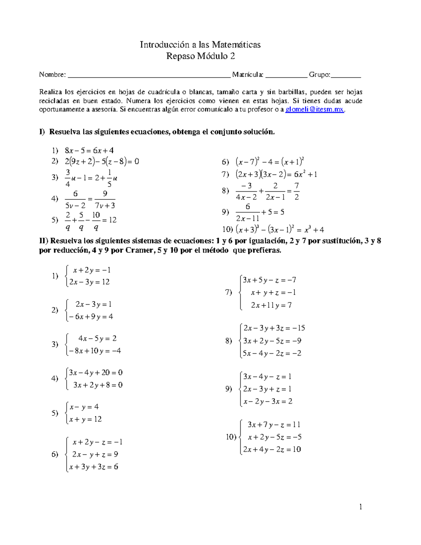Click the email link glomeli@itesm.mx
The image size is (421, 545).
pos(315,109)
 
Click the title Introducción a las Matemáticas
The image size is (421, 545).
pos(200,45)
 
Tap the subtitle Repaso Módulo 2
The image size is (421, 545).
pos(200,56)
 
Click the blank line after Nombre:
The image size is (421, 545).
pos(149,75)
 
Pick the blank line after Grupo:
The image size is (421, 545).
pos(346,75)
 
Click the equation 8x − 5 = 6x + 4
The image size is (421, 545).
pos(89,151)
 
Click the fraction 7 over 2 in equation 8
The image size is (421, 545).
pos(296,191)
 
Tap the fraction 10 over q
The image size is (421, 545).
pos(96,220)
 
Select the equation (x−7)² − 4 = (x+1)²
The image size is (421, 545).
pos(270,162)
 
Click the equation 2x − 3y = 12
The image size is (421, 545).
pos(89,282)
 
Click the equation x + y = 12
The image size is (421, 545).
pos(85,419)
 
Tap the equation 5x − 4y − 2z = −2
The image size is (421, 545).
pos(272,353)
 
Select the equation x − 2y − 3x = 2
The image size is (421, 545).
pos(267,401)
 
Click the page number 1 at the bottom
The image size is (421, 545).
pos(360,507)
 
